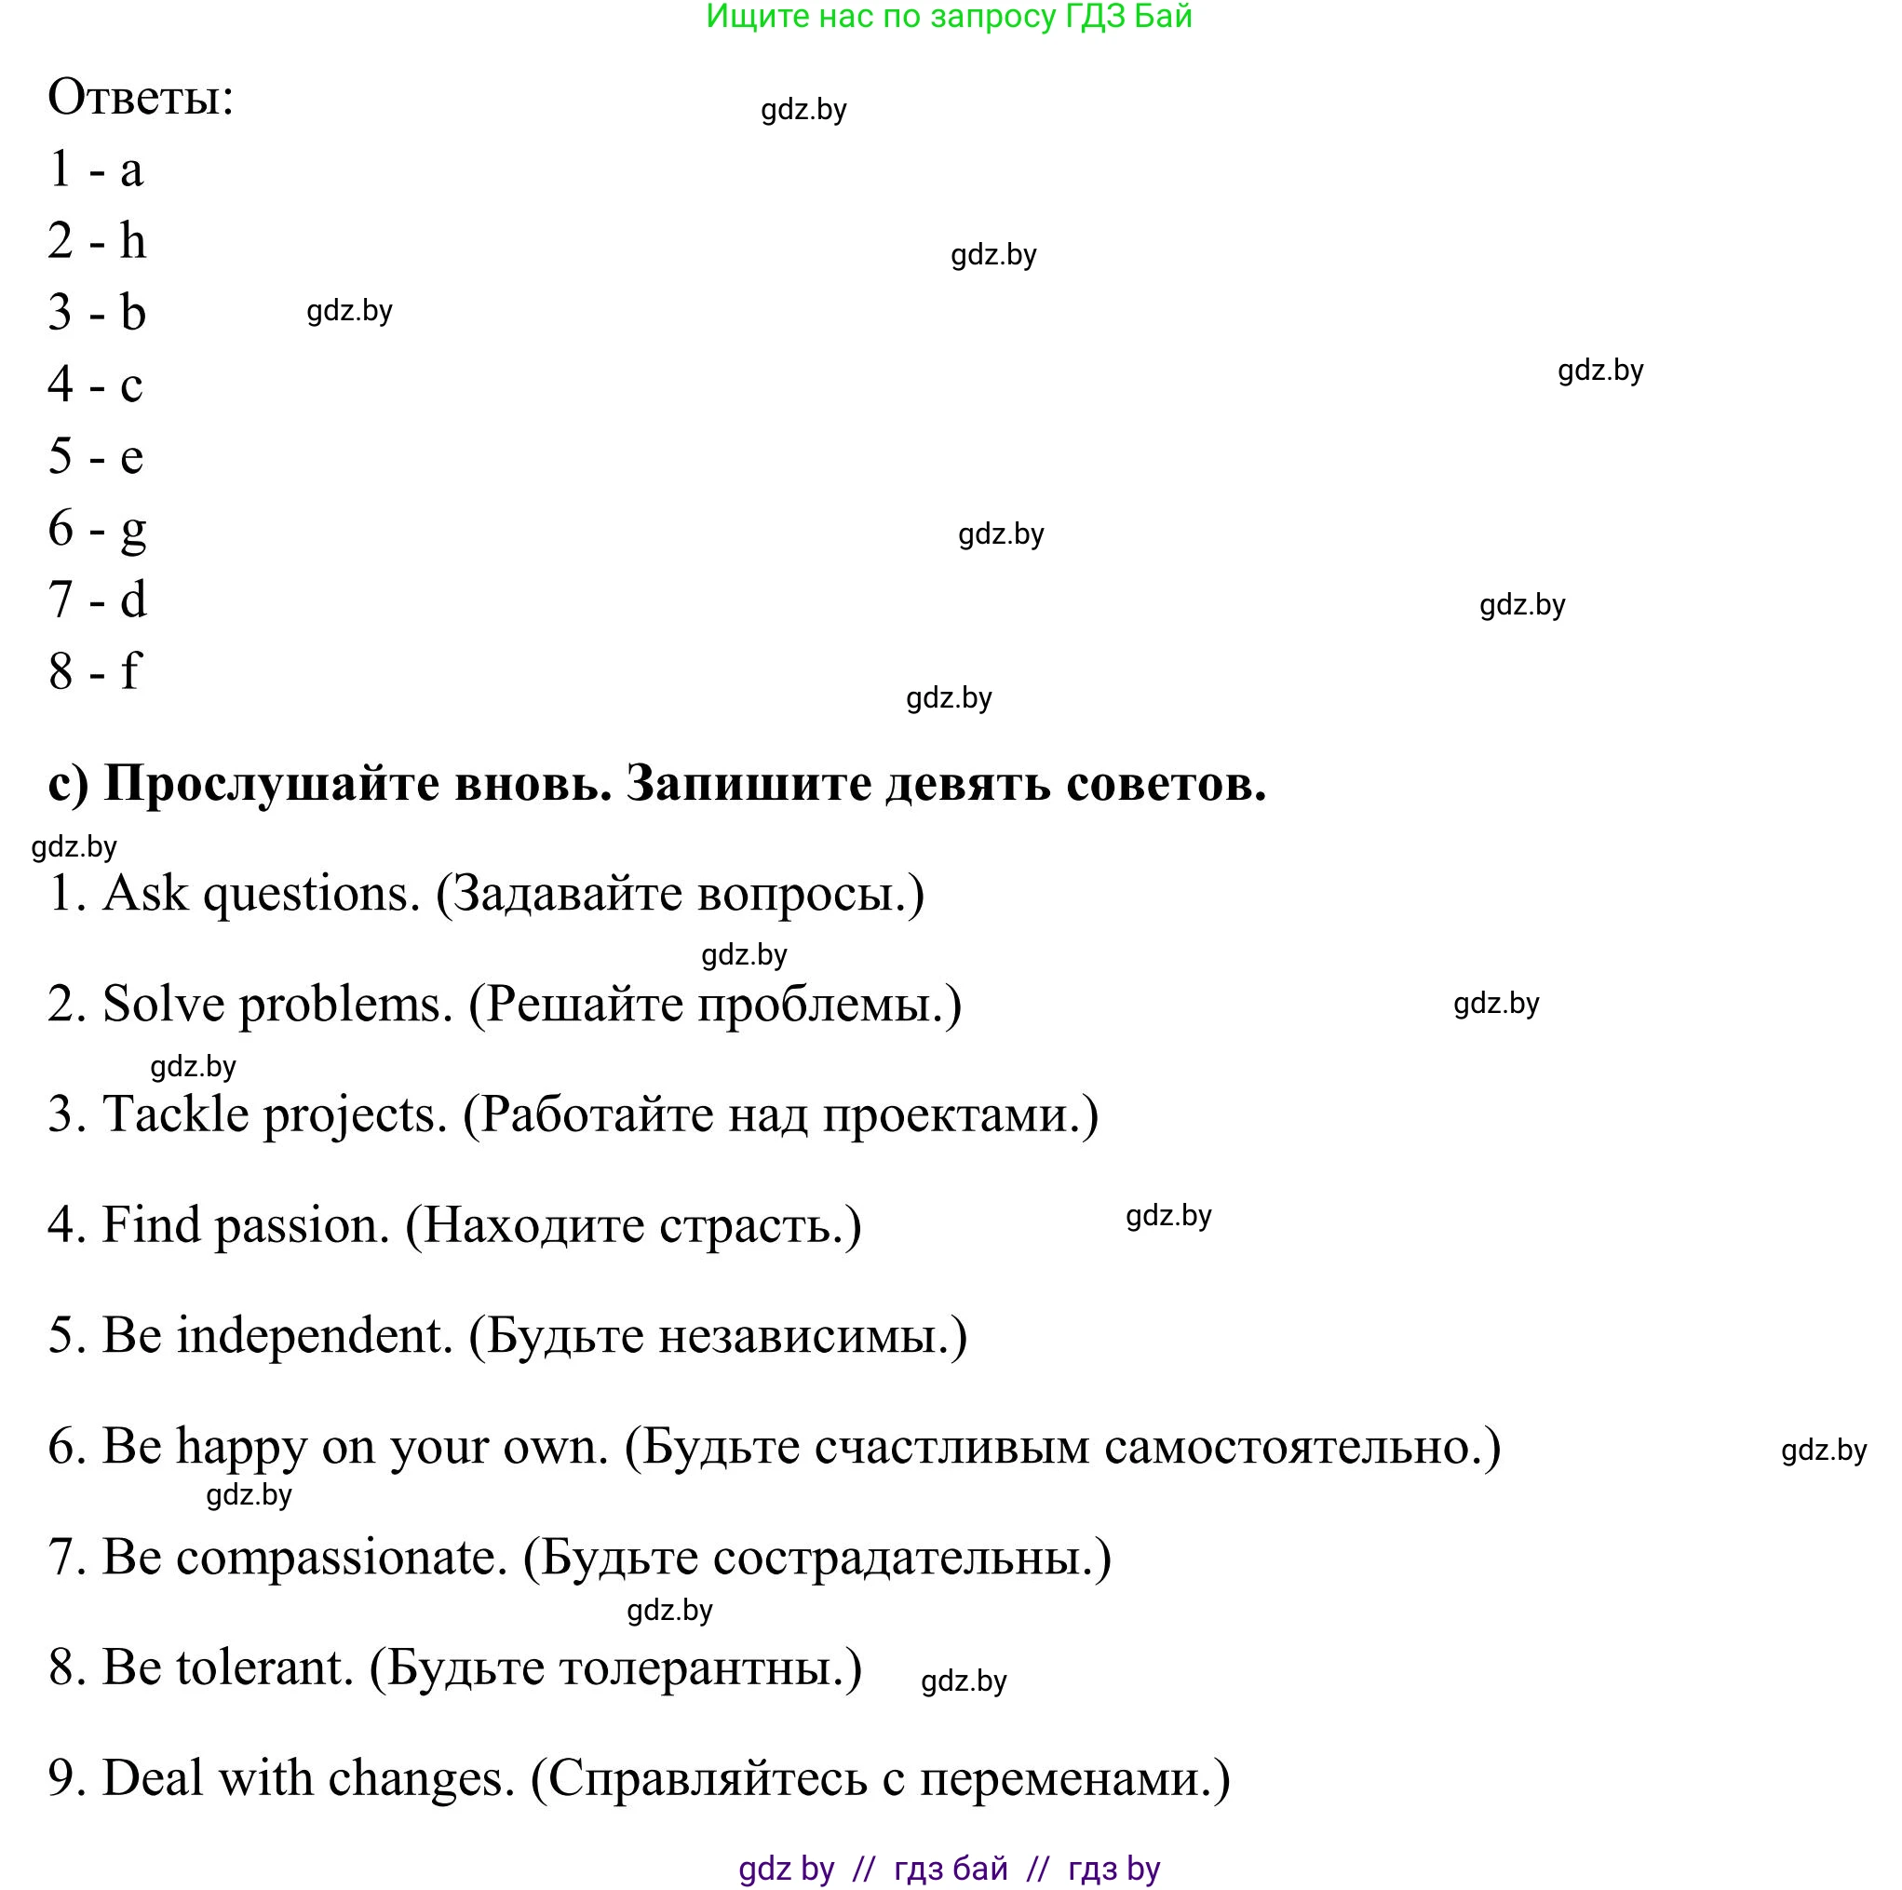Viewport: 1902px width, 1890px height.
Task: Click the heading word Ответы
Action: click(139, 99)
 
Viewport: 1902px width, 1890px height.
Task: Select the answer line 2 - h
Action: click(97, 241)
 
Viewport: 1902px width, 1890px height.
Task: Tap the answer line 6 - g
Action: click(97, 529)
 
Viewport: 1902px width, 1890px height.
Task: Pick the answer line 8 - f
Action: click(95, 671)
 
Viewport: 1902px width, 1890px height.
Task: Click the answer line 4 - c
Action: click(96, 385)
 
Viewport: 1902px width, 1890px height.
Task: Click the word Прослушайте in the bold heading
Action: click(272, 785)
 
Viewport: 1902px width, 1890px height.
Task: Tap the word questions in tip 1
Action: click(312, 895)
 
